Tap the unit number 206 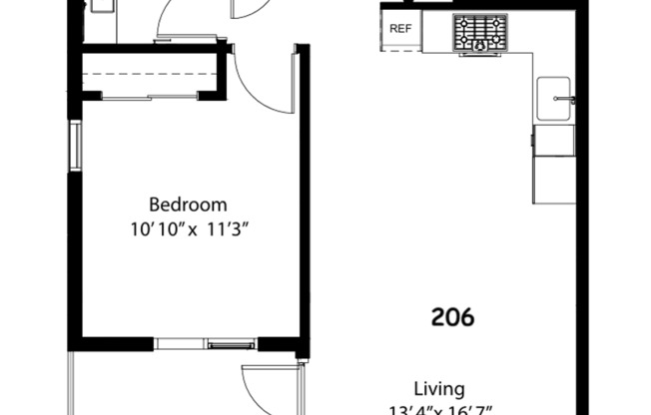click(452, 317)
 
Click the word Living click(439, 388)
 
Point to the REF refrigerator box click(400, 29)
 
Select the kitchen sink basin click(553, 100)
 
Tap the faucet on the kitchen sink click(570, 100)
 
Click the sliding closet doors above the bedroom click(150, 97)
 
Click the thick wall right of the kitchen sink click(583, 100)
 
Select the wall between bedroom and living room click(304, 200)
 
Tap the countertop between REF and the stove click(437, 30)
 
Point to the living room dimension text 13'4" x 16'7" click(439, 409)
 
